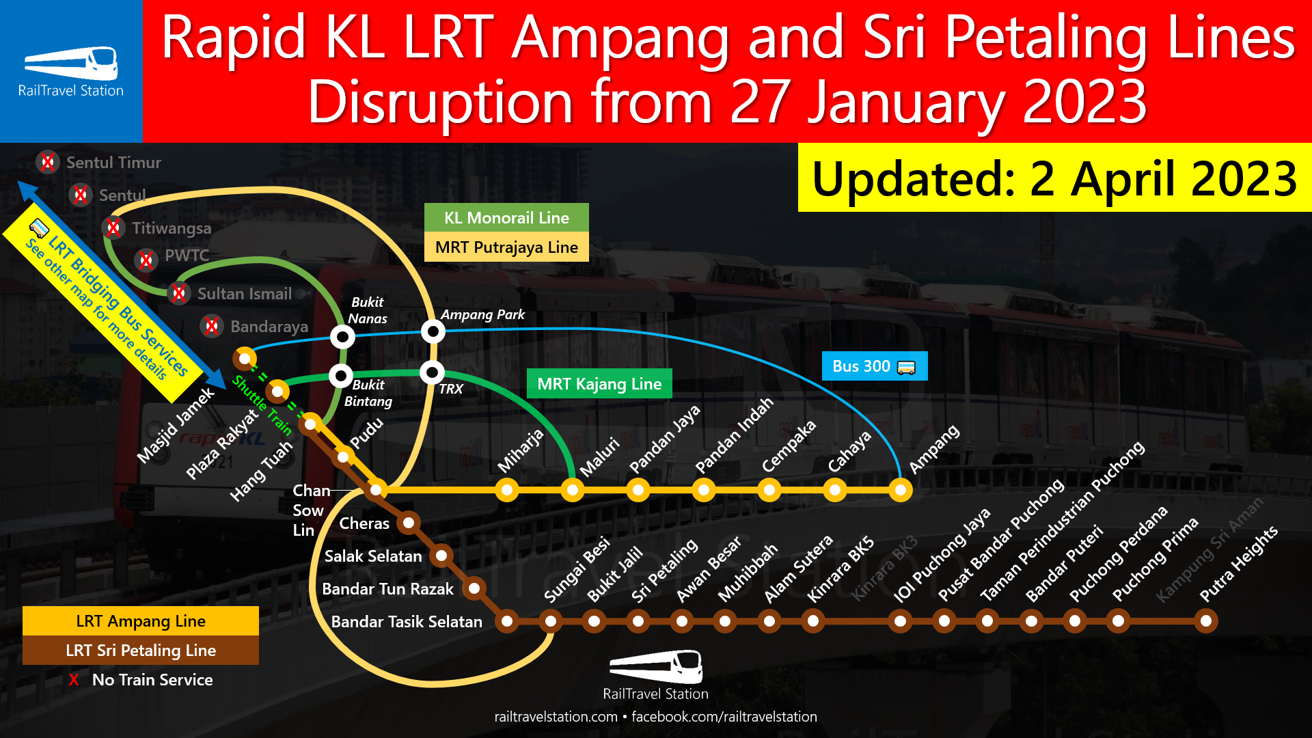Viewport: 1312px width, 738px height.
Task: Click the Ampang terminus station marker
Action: [900, 490]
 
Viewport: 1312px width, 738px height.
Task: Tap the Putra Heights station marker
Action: [1205, 621]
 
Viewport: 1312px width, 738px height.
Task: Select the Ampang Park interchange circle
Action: [433, 332]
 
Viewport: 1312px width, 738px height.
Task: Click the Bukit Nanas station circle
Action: [342, 336]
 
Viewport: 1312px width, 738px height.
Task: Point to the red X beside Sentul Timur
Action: [47, 163]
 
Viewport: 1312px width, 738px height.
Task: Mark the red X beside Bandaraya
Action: [212, 326]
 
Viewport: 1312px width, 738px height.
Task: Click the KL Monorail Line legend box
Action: [506, 218]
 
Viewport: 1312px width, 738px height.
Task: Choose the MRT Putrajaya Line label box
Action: [506, 247]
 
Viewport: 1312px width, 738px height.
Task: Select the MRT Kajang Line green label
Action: [599, 384]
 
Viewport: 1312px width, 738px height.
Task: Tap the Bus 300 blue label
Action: [874, 366]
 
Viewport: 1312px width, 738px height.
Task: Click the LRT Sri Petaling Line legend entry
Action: [141, 651]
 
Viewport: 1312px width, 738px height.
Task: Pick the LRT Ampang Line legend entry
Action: [141, 621]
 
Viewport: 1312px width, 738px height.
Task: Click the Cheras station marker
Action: [409, 523]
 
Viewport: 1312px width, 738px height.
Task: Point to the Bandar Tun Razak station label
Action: [387, 589]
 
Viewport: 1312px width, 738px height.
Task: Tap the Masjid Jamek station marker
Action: [245, 358]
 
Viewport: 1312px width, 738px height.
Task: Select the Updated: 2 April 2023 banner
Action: [1054, 178]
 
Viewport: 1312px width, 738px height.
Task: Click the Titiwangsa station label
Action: [172, 228]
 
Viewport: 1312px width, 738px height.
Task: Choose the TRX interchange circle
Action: [432, 373]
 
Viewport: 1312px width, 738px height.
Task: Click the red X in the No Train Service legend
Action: [74, 680]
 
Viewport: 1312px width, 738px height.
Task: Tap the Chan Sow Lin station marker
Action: [376, 490]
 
